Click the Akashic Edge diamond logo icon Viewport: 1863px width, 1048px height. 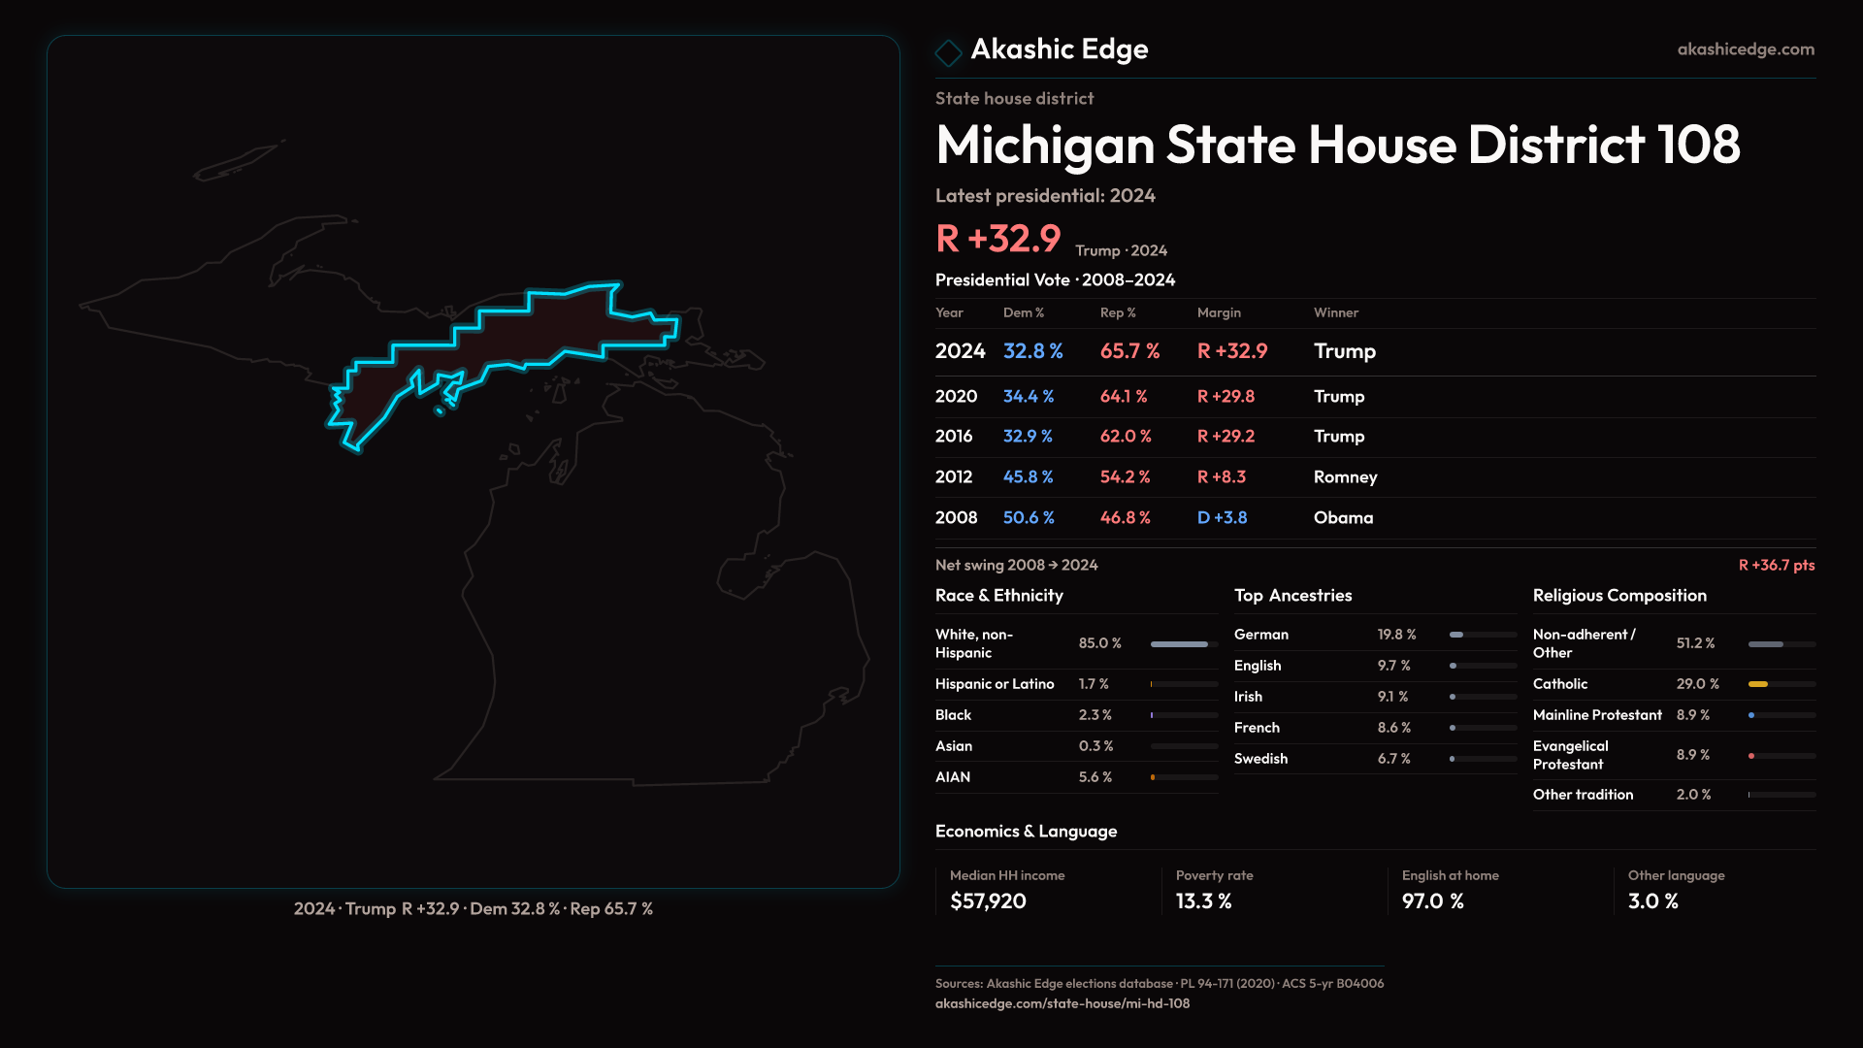[x=948, y=51]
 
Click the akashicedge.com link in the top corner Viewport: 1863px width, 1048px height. [x=1746, y=49]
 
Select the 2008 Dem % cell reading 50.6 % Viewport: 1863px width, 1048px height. [x=1029, y=518]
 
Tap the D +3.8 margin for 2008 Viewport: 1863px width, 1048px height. [x=1222, y=518]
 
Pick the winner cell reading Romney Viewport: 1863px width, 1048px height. [x=1345, y=477]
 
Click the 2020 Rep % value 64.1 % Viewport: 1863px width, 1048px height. [x=1124, y=397]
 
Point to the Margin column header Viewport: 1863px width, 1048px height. [x=1219, y=312]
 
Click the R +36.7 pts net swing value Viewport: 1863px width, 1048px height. [x=1776, y=565]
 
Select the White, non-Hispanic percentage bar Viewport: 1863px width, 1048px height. [x=1180, y=644]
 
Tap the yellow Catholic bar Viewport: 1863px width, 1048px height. [x=1758, y=684]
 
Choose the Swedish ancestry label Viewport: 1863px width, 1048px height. [x=1260, y=759]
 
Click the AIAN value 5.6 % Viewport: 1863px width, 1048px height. [x=1095, y=777]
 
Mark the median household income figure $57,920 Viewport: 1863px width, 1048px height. [x=988, y=901]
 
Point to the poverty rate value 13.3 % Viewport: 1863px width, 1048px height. [x=1203, y=901]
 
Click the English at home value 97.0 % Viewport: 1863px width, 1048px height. [x=1432, y=901]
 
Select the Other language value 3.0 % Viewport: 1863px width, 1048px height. [x=1652, y=901]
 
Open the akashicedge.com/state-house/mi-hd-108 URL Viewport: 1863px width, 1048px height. [x=1062, y=1003]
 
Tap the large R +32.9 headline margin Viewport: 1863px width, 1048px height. [x=997, y=239]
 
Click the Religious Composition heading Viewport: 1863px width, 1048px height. [x=1619, y=596]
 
